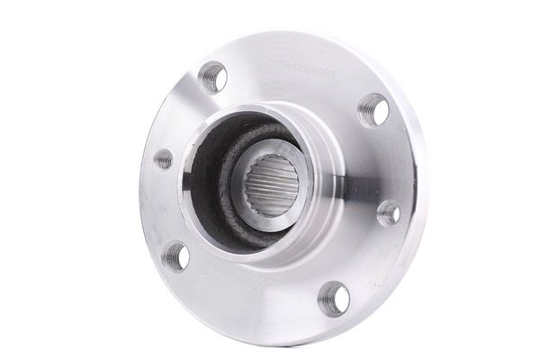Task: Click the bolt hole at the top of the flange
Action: point(212,76)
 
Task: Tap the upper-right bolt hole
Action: point(373,111)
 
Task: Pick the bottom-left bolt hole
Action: point(176,256)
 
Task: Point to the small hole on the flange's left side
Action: point(163,159)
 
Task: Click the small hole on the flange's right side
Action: point(389,213)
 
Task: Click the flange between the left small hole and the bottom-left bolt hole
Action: point(162,209)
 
